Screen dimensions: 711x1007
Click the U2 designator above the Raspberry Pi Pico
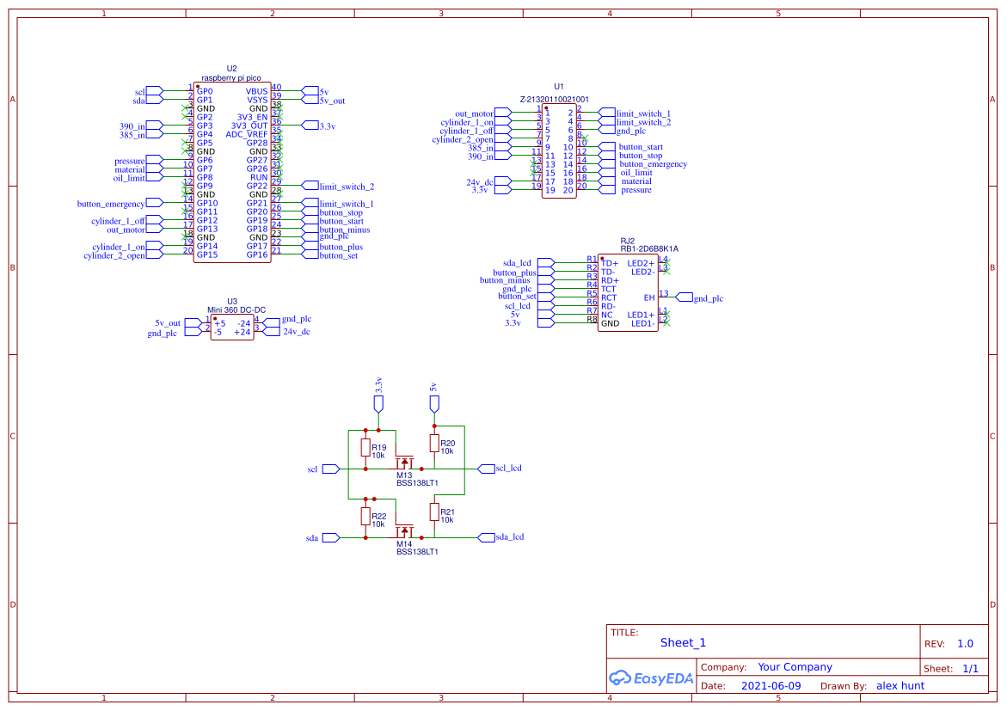[x=231, y=68]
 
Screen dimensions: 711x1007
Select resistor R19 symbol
[x=365, y=448]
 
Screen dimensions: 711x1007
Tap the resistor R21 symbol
[x=434, y=513]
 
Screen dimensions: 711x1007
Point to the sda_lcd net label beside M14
[x=510, y=537]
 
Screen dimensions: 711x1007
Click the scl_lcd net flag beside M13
[x=508, y=469]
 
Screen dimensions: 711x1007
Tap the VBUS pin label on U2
[x=256, y=91]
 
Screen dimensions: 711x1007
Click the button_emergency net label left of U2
[x=111, y=204]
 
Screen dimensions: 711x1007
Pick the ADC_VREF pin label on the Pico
[x=247, y=134]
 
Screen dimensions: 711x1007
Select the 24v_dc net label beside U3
[x=296, y=331]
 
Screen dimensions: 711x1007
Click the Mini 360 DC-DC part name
[x=236, y=310]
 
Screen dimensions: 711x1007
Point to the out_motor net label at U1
[x=474, y=113]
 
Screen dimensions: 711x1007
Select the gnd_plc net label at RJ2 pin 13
[x=708, y=298]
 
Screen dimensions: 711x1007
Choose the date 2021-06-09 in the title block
[x=771, y=686]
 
